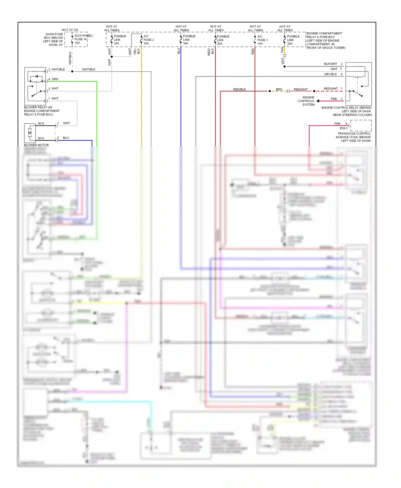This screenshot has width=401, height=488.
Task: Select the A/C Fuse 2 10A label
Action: pos(148,40)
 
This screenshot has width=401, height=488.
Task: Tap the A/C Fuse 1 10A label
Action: pos(262,40)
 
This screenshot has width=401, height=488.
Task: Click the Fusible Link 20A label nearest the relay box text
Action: pos(293,40)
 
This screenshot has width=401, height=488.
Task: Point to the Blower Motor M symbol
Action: pos(30,133)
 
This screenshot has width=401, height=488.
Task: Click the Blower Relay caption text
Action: pos(42,111)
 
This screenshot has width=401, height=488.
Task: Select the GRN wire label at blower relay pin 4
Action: pos(55,79)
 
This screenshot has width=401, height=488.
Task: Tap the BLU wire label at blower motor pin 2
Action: pos(66,138)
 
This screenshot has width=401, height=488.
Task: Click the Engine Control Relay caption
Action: pos(347,111)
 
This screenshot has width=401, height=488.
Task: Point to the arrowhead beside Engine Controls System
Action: pos(318,101)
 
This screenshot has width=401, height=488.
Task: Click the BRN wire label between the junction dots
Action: pos(279,89)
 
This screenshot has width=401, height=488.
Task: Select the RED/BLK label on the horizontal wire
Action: pos(239,89)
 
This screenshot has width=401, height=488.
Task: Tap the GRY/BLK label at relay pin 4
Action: pos(330,74)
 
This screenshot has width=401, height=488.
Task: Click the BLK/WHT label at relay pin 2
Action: pos(330,64)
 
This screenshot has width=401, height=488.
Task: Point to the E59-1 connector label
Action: pos(344,128)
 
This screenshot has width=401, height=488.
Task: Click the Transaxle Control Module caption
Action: pos(354,137)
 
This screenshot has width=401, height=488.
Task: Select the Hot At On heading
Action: pos(70,30)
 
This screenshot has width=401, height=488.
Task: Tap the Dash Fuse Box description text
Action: pos(53,40)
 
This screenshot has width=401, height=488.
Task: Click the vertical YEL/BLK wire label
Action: pos(137,51)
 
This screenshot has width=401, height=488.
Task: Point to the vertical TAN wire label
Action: pos(282,50)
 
